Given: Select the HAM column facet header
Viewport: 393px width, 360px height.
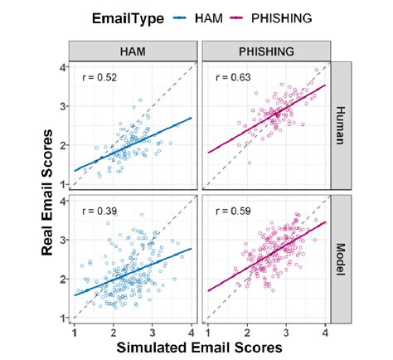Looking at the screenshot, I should (133, 51).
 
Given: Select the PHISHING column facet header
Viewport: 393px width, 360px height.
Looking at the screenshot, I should (267, 51).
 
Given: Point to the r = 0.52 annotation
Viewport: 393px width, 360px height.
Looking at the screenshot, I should (99, 78).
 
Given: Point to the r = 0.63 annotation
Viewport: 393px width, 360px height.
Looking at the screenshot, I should (231, 78).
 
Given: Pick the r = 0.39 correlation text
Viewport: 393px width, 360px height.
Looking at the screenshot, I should (99, 211).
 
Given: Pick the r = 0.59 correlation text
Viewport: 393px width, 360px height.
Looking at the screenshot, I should (231, 211).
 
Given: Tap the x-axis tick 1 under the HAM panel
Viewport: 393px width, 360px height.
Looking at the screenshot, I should (75, 331).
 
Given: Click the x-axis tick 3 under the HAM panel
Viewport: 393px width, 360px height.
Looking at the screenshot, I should (153, 331).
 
